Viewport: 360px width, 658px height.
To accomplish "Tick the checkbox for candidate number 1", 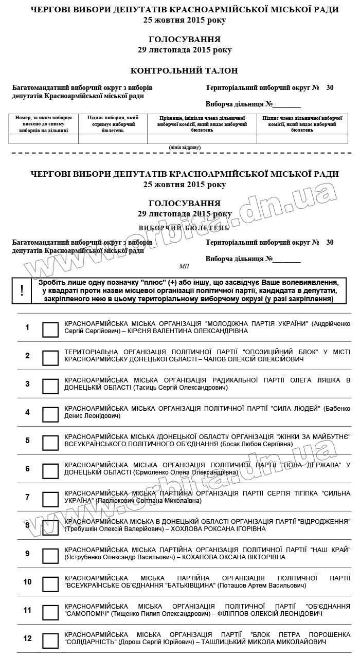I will pos(50,330).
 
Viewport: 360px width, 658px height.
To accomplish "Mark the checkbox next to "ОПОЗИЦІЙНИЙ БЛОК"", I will pos(50,358).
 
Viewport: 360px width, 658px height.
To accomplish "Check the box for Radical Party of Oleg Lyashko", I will pos(50,386).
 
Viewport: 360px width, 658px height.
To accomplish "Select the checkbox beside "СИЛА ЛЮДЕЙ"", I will pos(50,414).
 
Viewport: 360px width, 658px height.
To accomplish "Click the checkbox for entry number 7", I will pos(50,499).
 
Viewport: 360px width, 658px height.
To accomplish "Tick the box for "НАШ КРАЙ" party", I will pos(50,556).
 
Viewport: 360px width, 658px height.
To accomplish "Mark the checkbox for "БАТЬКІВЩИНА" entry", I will pos(50,584).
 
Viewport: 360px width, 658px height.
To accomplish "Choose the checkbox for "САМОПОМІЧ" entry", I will pos(50,612).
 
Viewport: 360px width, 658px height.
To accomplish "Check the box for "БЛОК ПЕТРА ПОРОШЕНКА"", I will pos(50,641).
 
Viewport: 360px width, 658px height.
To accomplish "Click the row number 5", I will pos(28,441).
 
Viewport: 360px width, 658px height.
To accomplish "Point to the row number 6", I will pos(28,469).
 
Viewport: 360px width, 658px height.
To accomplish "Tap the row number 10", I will pos(28,582).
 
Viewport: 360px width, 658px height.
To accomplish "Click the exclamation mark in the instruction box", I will pos(22,290).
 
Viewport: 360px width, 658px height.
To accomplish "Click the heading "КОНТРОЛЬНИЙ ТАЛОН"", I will pos(184,70).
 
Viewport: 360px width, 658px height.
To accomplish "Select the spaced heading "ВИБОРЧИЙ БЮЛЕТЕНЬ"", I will pos(184,227).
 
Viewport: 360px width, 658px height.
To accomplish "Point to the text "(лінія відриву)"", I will pos(185,148).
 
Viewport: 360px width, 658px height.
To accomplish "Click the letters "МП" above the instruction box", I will pos(184,266).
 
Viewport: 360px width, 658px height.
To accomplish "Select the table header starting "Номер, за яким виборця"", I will pos(44,124).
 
